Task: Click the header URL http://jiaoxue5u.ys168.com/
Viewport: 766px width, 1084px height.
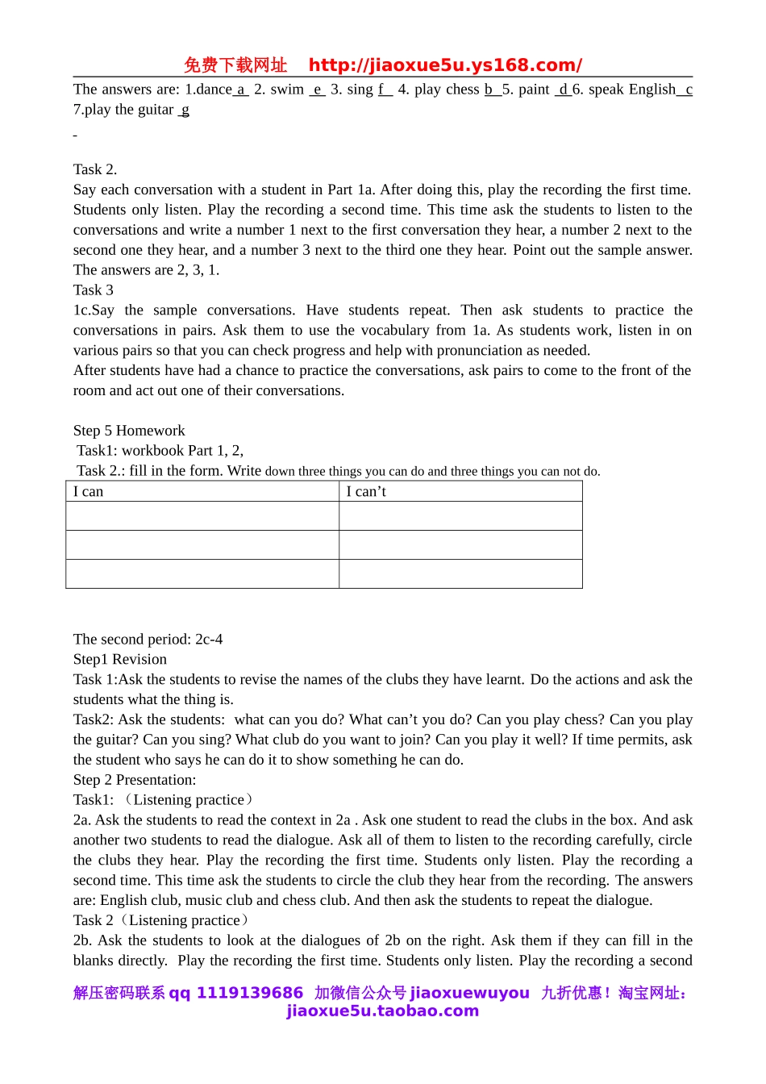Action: pyautogui.click(x=445, y=65)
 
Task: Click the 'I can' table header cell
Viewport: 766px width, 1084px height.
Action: pyautogui.click(x=89, y=492)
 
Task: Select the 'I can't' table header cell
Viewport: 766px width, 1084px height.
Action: pyautogui.click(x=366, y=492)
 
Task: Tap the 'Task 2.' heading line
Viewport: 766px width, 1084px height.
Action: pyautogui.click(x=95, y=169)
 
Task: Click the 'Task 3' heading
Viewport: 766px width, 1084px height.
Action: pyautogui.click(x=94, y=290)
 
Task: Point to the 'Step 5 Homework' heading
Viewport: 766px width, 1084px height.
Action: pyautogui.click(x=129, y=431)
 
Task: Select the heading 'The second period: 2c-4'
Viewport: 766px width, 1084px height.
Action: pyautogui.click(x=148, y=640)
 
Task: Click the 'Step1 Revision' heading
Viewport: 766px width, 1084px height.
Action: pyautogui.click(x=120, y=660)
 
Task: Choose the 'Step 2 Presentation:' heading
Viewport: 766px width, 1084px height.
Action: pyautogui.click(x=135, y=780)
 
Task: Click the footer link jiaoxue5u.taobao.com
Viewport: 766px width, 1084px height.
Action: pyautogui.click(x=383, y=1011)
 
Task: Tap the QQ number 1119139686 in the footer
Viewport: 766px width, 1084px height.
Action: pyautogui.click(x=250, y=993)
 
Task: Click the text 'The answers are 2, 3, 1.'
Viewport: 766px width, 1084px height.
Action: pyautogui.click(x=146, y=270)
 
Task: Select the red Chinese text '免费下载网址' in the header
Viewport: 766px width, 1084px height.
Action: pyautogui.click(x=235, y=65)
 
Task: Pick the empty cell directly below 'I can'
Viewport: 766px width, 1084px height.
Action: pyautogui.click(x=202, y=516)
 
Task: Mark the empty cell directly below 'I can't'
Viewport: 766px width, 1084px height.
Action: pyautogui.click(x=460, y=516)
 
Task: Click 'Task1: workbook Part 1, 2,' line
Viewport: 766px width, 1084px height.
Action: pyautogui.click(x=160, y=451)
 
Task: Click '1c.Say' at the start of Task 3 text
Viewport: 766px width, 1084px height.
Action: pyautogui.click(x=94, y=311)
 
